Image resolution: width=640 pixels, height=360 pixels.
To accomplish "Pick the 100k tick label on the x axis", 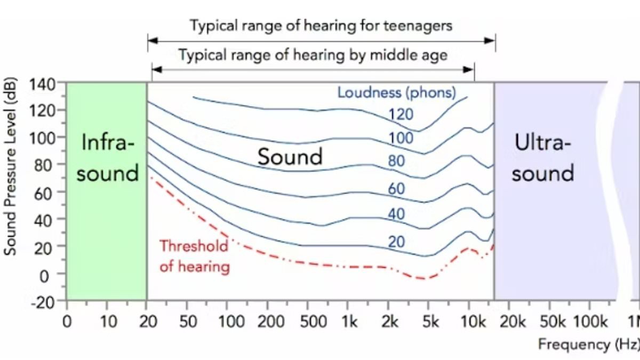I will (x=591, y=322).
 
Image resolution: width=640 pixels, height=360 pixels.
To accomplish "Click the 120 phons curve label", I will (x=401, y=114).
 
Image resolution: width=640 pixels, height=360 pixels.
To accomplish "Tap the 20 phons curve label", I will (x=396, y=242).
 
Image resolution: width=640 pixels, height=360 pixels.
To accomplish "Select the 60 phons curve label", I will (x=396, y=188).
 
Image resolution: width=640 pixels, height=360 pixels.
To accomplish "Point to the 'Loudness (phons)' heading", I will (x=396, y=92).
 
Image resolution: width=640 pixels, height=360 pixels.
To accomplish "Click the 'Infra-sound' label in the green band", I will (x=107, y=158).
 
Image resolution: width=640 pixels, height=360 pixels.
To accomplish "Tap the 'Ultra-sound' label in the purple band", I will (x=542, y=158).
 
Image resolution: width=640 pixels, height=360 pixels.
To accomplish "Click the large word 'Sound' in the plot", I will (x=290, y=157).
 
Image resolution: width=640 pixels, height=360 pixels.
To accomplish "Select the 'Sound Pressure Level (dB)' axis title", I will (x=10, y=166).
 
